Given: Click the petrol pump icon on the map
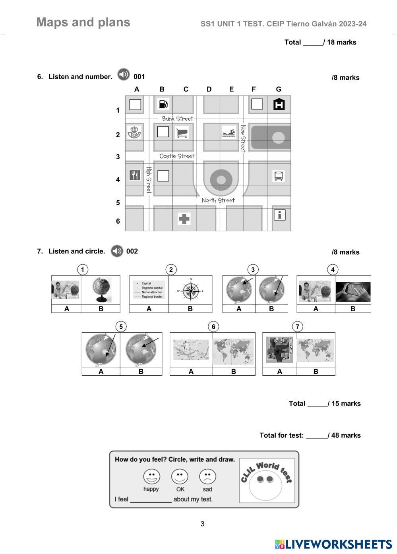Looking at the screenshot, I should coord(163,104).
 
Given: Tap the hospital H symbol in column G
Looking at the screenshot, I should coord(279,104).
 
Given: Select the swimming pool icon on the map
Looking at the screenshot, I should coord(229,133).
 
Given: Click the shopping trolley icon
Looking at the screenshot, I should coord(182,133).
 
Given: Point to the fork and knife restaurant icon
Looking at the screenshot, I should coord(135,175).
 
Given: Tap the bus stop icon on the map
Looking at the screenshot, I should coord(279,176).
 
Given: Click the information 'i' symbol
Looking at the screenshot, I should coord(280,215).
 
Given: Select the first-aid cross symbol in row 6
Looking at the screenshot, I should coord(184,218).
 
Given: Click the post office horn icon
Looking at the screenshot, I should coord(135,132).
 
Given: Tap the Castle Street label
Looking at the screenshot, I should coord(177,156).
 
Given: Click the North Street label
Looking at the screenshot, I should coord(218,200).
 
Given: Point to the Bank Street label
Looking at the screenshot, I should coord(177,119).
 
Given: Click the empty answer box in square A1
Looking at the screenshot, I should coord(135,104).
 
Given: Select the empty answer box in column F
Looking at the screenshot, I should coord(257,104).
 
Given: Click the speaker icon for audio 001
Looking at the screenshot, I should coord(124,74).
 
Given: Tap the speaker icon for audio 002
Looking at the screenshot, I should coord(117,251).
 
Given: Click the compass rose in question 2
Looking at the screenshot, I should coord(191,291).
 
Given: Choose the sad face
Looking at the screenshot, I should coord(207,476).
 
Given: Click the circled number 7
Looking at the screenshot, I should coord(298,327).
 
